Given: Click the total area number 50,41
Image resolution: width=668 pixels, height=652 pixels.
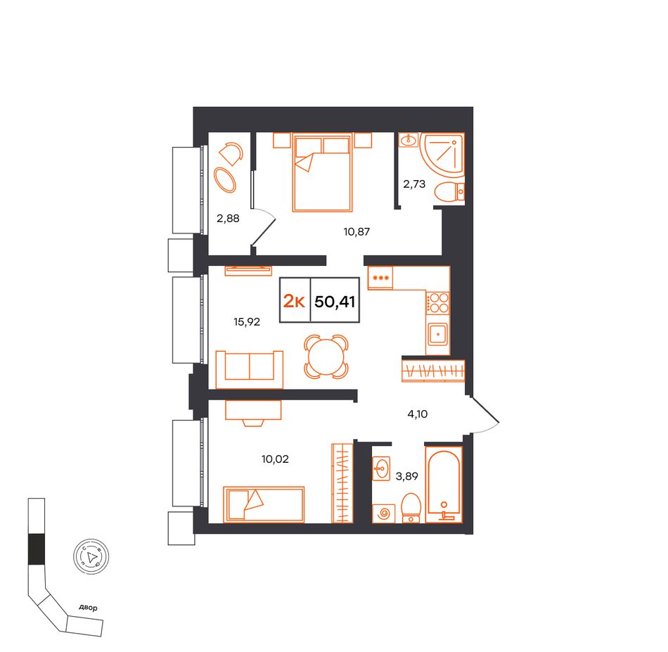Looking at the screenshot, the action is coord(335,302).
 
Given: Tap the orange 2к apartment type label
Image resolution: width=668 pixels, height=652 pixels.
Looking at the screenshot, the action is coord(294,302).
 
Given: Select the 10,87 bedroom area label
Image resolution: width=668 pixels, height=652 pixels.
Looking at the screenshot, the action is coord(357,232).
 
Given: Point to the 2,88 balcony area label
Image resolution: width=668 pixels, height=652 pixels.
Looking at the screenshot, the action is coord(228,219).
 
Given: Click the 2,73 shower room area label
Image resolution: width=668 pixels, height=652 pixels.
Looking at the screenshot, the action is coord(414,184).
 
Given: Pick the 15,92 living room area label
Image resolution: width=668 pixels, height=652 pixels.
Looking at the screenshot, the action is coord(247,321).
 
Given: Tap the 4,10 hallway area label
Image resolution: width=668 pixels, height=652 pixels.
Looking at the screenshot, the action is coord(418,414).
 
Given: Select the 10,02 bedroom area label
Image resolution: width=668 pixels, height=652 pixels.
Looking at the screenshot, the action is coord(275,459).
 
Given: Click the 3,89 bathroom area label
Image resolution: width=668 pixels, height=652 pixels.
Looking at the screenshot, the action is coord(407,476).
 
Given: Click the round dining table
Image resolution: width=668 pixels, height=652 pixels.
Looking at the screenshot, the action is coord(326,357).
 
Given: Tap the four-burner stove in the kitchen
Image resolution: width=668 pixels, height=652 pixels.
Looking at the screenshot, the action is coord(438,302).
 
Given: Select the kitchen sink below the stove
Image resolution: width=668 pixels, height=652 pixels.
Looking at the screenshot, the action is coord(438,333).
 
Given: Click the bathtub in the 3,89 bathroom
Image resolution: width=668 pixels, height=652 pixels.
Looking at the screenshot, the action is coord(444,484).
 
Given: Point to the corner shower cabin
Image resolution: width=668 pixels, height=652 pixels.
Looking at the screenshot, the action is coord(443,154).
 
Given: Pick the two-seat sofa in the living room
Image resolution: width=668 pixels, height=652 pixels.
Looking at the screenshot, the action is coord(249,369).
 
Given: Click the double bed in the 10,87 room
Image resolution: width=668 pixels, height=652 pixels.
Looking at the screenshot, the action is coord(323,172).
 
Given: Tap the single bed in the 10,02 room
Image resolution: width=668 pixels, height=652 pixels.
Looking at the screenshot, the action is coord(264,504).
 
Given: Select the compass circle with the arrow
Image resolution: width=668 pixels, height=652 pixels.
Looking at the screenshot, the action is coord(91,556).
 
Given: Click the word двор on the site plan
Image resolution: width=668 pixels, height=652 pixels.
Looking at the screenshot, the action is coord(88,607).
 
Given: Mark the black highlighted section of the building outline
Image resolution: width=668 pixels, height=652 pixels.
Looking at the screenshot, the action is coord(36,549).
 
